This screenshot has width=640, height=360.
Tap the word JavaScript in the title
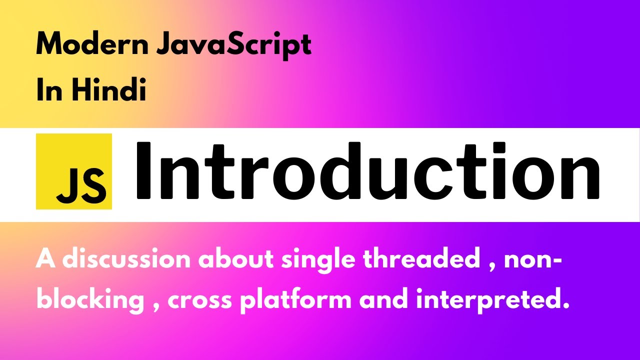click(234, 46)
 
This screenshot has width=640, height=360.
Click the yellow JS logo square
click(74, 171)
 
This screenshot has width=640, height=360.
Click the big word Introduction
click(367, 171)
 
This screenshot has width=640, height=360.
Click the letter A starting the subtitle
click(45, 260)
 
